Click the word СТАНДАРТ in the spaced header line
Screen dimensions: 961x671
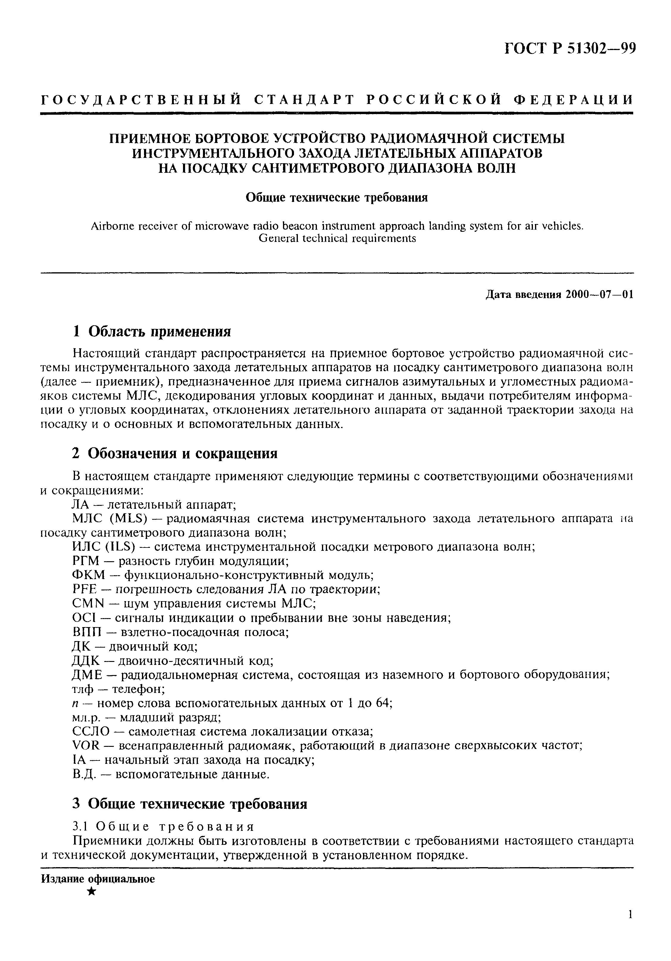click(x=304, y=100)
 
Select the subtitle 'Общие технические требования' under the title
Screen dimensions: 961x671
click(x=337, y=198)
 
